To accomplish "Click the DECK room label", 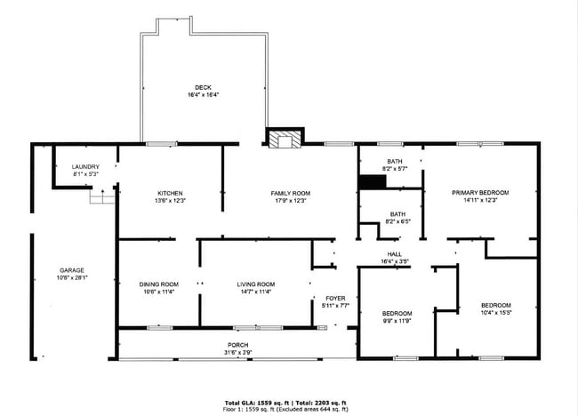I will [x=204, y=87].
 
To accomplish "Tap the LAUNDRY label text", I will [x=85, y=166].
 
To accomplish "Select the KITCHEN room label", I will [x=170, y=193].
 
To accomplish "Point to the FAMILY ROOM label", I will [x=290, y=193].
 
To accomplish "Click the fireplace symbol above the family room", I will [x=285, y=138].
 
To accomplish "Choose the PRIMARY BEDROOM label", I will [x=479, y=193].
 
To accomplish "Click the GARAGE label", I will [x=72, y=270].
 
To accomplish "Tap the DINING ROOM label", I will [x=158, y=284].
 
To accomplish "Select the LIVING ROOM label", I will [x=255, y=284].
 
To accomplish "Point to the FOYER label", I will [x=334, y=299].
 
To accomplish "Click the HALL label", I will [x=394, y=254].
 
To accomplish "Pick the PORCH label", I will [x=237, y=344].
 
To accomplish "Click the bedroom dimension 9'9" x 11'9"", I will [x=397, y=320].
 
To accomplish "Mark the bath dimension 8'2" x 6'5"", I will [x=397, y=221].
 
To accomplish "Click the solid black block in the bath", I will [x=373, y=181].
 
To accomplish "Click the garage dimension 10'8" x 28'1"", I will [x=72, y=277].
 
